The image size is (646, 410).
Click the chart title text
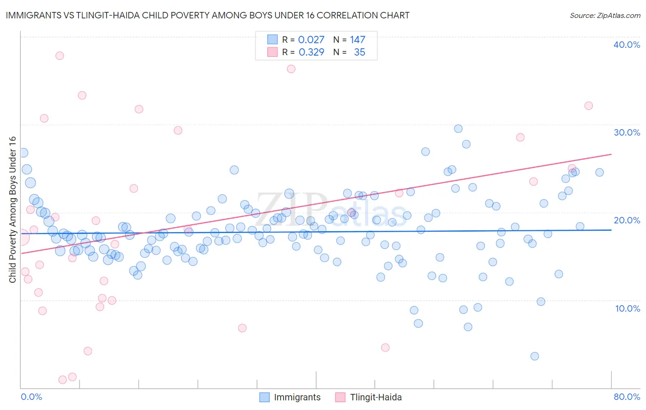coord(207,15)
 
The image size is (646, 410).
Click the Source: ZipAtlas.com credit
coord(605,15)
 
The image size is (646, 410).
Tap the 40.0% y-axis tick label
coord(627,45)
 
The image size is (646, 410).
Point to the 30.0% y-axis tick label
coord(627,132)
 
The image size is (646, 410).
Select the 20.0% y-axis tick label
coord(627,220)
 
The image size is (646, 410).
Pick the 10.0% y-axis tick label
coord(628,308)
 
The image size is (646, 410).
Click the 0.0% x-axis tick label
coord(31,397)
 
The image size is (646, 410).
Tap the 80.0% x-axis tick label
coord(627,397)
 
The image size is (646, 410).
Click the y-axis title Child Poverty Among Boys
coord(12,209)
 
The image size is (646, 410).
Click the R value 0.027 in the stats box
coord(311,40)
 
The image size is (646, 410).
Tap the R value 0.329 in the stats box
coord(311,52)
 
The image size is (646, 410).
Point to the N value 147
coord(357,40)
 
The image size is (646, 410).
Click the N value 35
coord(359,52)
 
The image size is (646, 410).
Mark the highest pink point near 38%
coord(60,56)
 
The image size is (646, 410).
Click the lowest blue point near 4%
coord(534,356)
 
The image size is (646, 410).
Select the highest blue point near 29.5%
coord(458,129)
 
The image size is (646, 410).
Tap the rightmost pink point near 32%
coord(589,106)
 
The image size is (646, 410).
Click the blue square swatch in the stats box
coord(272,40)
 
